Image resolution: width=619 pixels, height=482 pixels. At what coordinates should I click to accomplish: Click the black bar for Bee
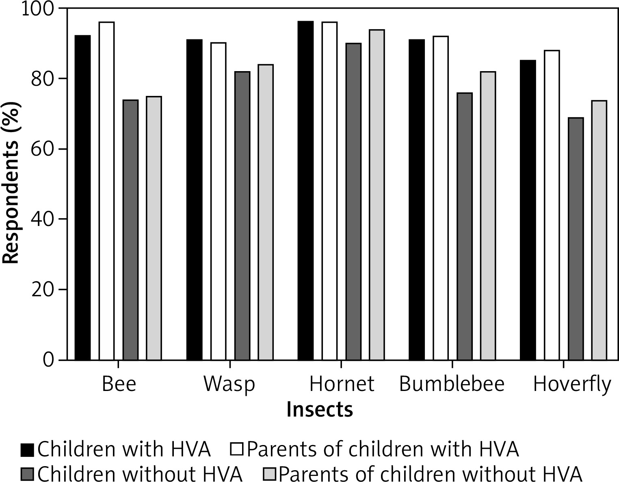point(83,198)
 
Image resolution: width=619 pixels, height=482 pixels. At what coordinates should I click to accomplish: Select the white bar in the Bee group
point(107,191)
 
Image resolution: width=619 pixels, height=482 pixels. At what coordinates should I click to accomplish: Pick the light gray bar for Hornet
point(377,195)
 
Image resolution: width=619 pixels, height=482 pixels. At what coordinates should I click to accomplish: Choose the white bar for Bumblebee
point(441,198)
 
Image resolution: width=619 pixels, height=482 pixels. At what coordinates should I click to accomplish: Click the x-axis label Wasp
point(229,384)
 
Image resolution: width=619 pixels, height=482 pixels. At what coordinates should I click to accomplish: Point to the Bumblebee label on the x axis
point(452,384)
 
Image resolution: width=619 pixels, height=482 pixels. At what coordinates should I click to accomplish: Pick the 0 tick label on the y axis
point(48,360)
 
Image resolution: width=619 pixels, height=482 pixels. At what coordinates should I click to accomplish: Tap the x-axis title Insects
point(320,410)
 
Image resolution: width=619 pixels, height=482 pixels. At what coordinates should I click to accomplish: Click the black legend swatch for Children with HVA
point(28,450)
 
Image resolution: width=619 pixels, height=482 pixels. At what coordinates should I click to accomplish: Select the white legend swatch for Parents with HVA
point(237,450)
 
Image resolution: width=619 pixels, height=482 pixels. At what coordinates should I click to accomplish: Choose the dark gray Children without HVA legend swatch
point(28,474)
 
